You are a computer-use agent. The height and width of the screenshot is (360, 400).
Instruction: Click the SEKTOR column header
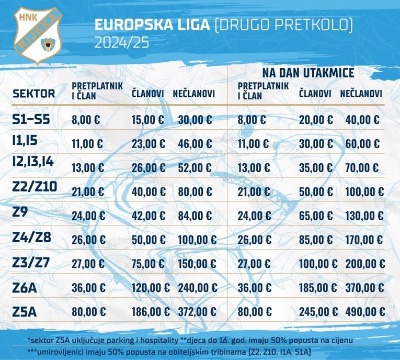33,94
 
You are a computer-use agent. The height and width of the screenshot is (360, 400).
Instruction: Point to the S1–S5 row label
31,120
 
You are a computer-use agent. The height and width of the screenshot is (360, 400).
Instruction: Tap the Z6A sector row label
26,287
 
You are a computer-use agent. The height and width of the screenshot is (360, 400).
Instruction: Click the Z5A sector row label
26,312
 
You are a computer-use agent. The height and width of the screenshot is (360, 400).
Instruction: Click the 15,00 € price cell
148,120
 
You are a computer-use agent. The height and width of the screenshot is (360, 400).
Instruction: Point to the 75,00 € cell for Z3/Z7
148,264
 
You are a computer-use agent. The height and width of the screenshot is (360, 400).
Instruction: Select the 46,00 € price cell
195,144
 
